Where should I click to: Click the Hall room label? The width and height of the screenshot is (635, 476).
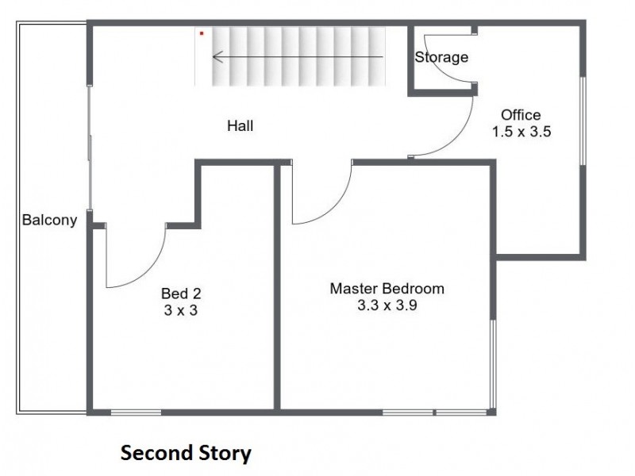[241, 125]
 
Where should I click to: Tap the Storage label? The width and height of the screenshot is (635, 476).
[441, 57]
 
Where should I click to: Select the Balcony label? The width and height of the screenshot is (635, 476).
[49, 220]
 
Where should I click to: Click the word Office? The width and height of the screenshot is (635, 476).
[521, 115]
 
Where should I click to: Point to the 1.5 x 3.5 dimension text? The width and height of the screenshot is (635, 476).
[521, 132]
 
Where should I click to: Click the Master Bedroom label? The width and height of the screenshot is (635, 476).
[387, 289]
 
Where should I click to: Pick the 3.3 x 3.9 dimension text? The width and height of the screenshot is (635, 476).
[387, 305]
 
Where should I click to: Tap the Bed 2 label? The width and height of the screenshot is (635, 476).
[181, 294]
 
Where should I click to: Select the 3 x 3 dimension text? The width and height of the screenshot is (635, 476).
[181, 310]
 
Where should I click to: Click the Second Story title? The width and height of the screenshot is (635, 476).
[186, 453]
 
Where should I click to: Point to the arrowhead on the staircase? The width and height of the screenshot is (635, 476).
[217, 57]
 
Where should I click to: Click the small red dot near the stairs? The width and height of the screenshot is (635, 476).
[202, 33]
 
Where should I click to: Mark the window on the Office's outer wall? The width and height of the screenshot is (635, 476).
[583, 121]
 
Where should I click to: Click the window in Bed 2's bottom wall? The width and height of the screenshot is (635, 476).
[136, 413]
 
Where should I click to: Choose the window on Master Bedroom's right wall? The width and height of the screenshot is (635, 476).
[493, 363]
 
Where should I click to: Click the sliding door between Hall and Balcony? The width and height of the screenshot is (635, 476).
[90, 148]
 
